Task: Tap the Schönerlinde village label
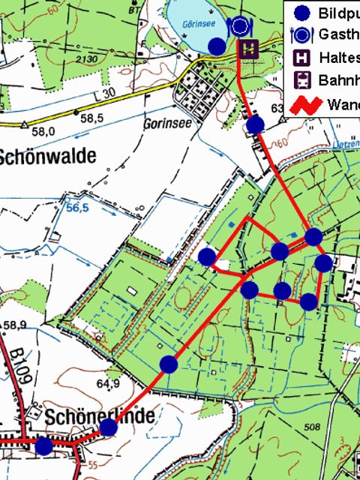tap(100, 415)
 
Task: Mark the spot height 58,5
tap(91, 118)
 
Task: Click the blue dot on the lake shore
tap(216, 46)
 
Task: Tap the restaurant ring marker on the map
tap(240, 28)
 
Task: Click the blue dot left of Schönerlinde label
tap(44, 446)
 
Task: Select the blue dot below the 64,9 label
tap(109, 427)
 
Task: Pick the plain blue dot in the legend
tap(301, 13)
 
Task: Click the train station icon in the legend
tap(301, 79)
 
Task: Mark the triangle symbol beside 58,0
tap(25, 125)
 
